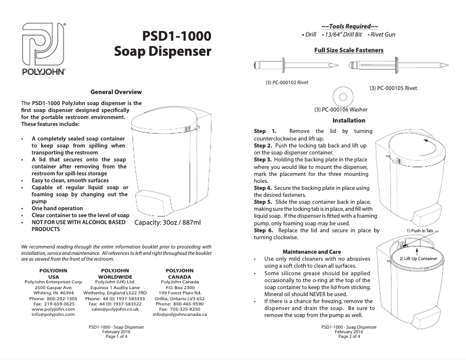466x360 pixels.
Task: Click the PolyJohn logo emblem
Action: click(43, 45)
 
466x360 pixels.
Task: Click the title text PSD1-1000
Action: click(177, 36)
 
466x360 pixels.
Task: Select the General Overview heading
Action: click(116, 92)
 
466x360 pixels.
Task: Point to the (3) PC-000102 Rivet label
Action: click(286, 82)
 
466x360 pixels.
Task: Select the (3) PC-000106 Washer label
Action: click(340, 109)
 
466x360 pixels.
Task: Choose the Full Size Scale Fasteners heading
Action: click(349, 51)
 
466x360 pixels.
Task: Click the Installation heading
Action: click(349, 120)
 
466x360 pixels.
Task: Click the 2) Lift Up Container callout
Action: click(418, 257)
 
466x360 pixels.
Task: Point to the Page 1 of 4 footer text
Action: click(114, 336)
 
